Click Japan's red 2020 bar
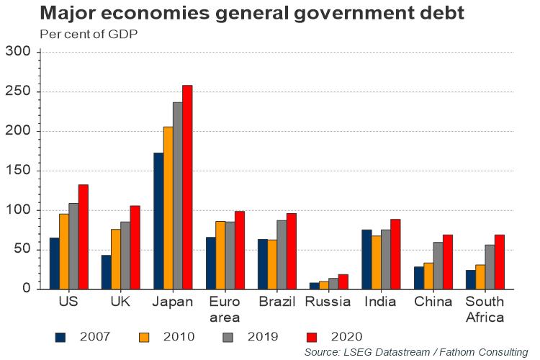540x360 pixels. (x=187, y=187)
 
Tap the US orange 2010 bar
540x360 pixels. (x=64, y=251)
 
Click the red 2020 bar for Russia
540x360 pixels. (x=343, y=282)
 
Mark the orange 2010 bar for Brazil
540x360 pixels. (x=271, y=264)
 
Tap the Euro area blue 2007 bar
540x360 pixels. (x=210, y=263)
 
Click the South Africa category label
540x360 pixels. (x=484, y=309)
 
